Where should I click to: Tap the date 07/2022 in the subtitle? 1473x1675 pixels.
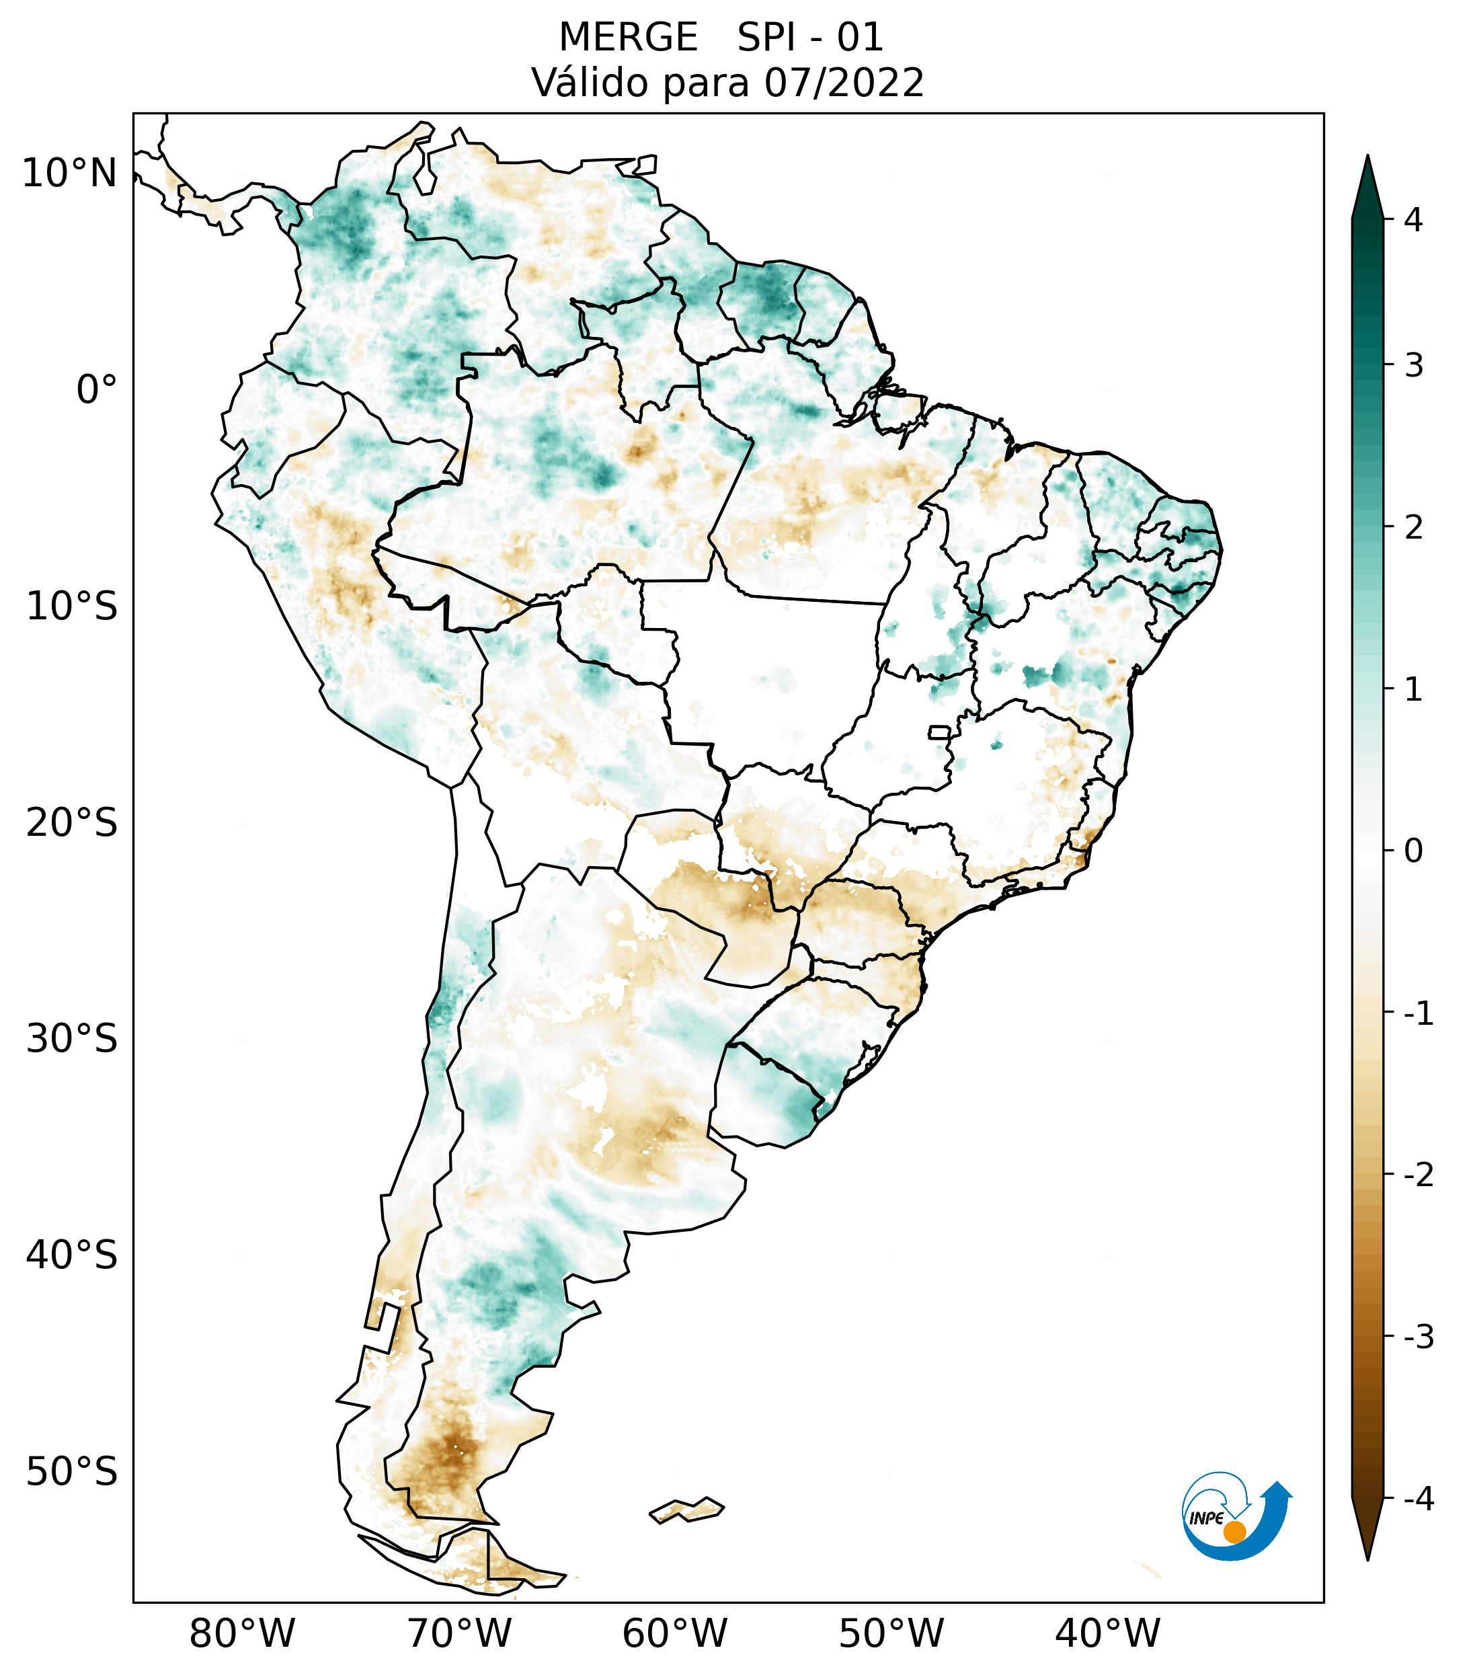844,83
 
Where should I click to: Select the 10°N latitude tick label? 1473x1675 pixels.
70,173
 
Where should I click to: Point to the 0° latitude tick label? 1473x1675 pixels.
97,390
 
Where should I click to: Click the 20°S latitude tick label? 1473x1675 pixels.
72,823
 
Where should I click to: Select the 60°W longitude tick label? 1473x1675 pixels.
674,1633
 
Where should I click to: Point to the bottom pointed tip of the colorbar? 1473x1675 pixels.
1367,1558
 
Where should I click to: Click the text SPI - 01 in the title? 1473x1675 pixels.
809,38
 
